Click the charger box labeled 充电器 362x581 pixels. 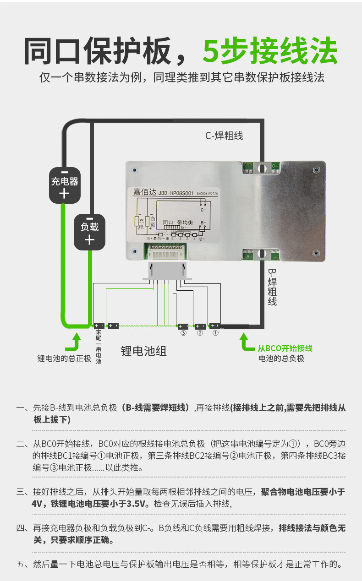(65, 185)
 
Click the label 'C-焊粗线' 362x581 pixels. (224, 136)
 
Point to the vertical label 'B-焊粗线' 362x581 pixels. (272, 286)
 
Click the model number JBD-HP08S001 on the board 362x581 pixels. (176, 193)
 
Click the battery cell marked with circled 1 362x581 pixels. (214, 326)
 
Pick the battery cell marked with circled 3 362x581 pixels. (183, 326)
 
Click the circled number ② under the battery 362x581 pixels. (200, 333)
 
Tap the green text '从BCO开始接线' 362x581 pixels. (285, 348)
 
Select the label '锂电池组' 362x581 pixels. (143, 351)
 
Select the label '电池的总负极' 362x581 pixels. (281, 358)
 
